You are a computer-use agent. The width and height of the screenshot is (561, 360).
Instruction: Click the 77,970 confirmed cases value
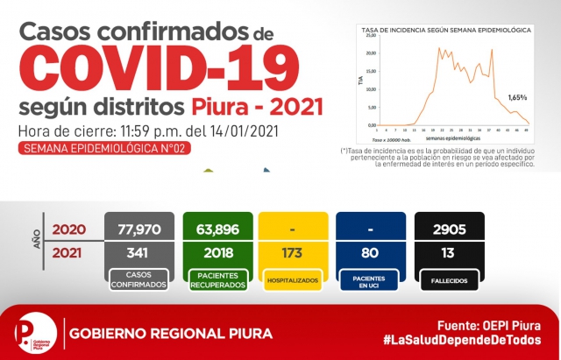[133, 230]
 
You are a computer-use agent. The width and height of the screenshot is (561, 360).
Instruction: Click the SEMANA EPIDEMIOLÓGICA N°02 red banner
[103, 149]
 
